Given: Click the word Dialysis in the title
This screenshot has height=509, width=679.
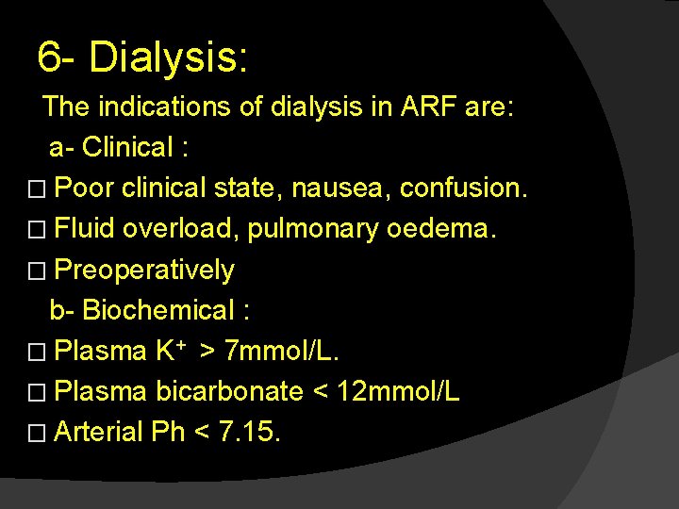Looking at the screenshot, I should pyautogui.click(x=167, y=57).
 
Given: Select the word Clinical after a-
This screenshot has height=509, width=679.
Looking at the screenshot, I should pyautogui.click(x=127, y=148).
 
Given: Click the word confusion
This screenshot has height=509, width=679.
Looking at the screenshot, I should pyautogui.click(x=463, y=189).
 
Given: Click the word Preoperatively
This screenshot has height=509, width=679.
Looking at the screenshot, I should pyautogui.click(x=144, y=271).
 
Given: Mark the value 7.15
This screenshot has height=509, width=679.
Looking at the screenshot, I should pyautogui.click(x=249, y=433).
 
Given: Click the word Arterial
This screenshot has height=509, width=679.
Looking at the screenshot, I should pyautogui.click(x=99, y=433).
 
